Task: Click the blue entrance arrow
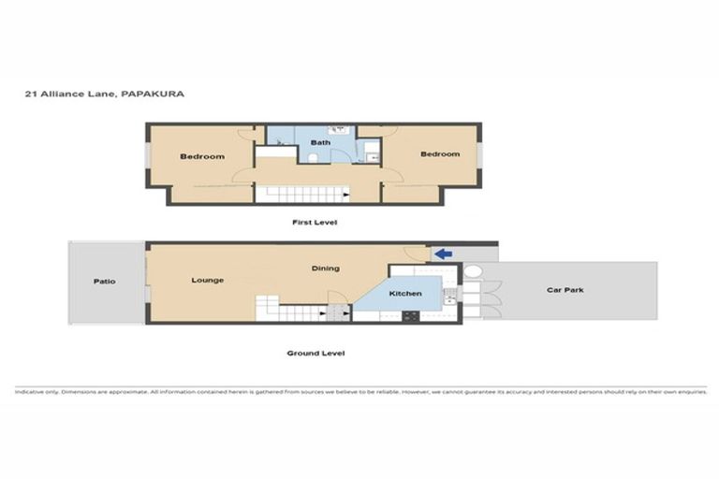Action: pos(443,253)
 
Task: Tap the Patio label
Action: pos(104,281)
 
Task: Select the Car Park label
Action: pos(565,290)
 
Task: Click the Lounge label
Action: pos(207,280)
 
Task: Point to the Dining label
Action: pos(326,269)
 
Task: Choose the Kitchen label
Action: pos(406,294)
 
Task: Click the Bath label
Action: pos(321,142)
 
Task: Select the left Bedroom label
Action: pos(202,156)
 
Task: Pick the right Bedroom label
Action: pos(440,153)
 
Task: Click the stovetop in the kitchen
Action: pos(410,316)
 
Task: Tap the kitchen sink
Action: pos(449,298)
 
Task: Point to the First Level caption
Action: pos(315,223)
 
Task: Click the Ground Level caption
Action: pos(315,354)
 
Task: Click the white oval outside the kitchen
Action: pos(473,272)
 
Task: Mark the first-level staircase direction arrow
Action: pos(346,195)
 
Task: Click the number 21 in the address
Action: pos(30,94)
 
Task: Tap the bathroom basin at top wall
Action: pos(340,129)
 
